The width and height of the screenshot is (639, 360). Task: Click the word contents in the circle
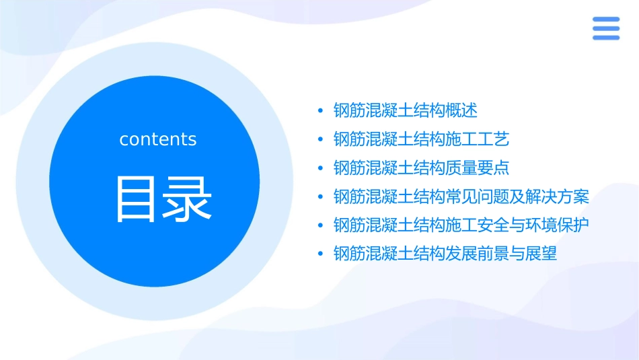158,139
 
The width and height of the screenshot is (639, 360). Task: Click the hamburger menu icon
605,28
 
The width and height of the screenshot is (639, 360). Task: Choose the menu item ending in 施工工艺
421,139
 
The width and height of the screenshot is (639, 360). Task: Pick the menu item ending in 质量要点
421,168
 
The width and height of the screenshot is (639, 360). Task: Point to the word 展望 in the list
541,254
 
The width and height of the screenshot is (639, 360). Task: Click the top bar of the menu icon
605,20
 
